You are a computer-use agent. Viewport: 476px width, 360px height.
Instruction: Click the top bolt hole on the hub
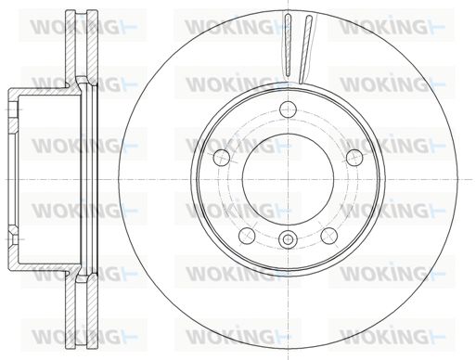tap(288, 109)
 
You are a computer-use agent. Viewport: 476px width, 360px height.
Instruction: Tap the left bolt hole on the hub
tap(222, 158)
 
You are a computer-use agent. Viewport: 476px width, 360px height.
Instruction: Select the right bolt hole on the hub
tap(354, 158)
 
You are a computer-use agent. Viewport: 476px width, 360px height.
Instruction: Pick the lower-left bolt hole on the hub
tap(247, 236)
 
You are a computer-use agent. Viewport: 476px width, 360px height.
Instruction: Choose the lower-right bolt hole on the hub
tap(329, 236)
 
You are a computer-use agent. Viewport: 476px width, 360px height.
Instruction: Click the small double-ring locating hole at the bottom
tap(288, 239)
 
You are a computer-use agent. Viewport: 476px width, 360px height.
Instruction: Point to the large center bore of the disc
tap(288, 179)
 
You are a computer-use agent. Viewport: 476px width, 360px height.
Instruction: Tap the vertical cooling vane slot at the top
tap(288, 45)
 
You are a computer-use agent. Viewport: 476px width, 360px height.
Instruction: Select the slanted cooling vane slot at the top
tap(305, 49)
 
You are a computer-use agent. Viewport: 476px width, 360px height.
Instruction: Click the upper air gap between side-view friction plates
tap(82, 44)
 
